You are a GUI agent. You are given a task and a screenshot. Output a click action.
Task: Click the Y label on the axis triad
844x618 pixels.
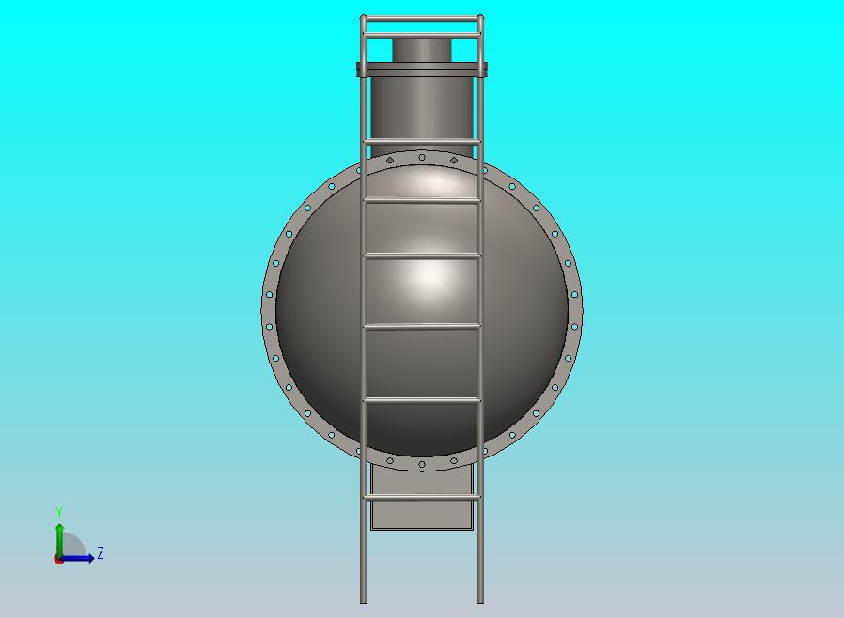pos(59,513)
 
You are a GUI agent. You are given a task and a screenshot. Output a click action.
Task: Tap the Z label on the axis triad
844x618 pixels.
pos(101,553)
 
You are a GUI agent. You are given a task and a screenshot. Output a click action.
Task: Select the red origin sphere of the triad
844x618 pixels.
pos(59,559)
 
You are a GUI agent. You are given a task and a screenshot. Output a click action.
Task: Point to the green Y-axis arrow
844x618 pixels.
pos(59,537)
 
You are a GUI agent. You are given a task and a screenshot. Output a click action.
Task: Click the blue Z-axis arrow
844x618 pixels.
pos(81,558)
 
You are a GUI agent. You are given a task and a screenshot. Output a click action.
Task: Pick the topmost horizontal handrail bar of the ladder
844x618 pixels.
pos(422,19)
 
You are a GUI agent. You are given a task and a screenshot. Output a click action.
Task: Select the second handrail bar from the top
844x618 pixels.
pos(422,36)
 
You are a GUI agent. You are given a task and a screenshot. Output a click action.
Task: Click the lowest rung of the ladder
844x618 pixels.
pos(422,497)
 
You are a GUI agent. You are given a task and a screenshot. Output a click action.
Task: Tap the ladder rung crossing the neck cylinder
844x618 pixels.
pos(422,142)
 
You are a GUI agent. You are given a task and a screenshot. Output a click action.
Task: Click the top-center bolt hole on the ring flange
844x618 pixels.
pos(422,157)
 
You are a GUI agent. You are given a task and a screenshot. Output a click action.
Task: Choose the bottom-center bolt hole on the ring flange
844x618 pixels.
pos(422,464)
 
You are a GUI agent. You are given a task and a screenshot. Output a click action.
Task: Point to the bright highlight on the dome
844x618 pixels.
pos(428,274)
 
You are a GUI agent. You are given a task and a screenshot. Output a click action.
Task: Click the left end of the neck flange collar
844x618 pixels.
pos(360,69)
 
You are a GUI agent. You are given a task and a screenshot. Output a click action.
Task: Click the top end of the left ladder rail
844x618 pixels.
pos(364,18)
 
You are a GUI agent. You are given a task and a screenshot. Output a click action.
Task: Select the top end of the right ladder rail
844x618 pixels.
pos(480,18)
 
